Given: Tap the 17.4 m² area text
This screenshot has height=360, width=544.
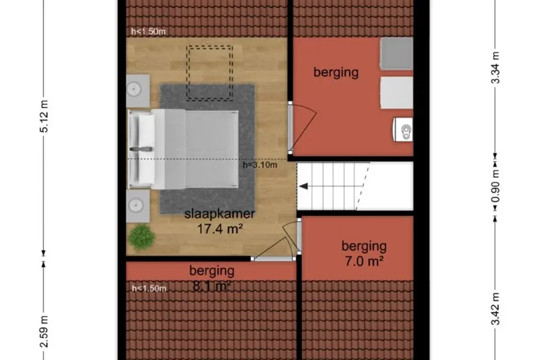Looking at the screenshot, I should pos(219,229).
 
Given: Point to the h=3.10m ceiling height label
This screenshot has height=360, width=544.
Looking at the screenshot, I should pos(260,165).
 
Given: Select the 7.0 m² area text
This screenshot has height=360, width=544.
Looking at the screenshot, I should pos(363,261).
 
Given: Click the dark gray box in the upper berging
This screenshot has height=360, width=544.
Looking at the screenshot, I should pos(397,54).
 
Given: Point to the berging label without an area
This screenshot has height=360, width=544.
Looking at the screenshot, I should pos(336,72).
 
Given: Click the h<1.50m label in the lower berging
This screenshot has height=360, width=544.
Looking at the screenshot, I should pos(149,288).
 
